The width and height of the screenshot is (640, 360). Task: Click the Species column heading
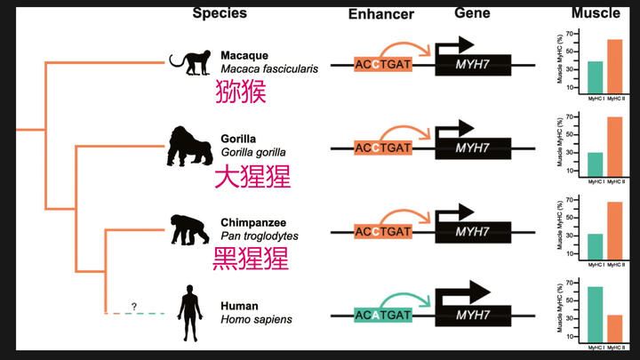point(220,13)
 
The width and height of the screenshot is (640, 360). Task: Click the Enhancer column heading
point(380,15)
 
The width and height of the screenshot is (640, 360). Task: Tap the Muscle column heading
point(596,13)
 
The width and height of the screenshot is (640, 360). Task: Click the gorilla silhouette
point(185,146)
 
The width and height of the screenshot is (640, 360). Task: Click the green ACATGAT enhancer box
point(382,315)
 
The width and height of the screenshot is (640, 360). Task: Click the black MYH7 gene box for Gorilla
point(472,148)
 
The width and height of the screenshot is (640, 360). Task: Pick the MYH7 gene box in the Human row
point(472,315)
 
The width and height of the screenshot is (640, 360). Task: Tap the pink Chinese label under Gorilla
point(252,176)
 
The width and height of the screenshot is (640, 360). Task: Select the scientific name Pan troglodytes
point(260,236)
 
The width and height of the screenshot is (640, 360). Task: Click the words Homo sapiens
point(256,319)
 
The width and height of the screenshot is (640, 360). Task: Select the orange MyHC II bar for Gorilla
point(615,147)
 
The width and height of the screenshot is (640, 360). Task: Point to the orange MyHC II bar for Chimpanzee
point(615,230)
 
